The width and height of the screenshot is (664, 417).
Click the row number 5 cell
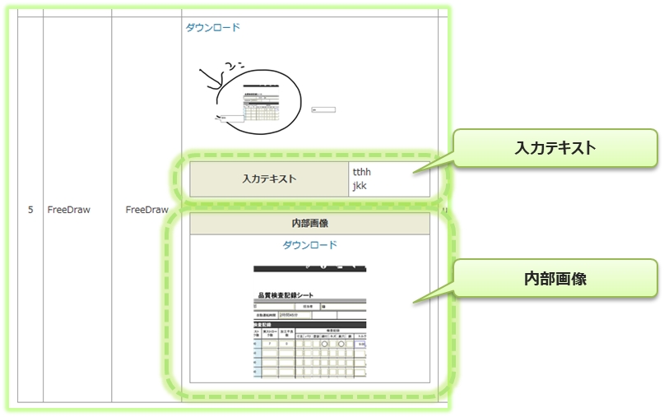[30, 210]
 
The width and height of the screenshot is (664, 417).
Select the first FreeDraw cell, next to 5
[69, 210]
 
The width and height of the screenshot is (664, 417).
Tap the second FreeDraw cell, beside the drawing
[147, 210]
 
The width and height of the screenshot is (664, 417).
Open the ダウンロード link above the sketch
[213, 27]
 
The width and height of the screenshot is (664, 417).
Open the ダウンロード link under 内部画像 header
[310, 245]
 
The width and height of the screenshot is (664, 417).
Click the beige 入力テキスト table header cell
[269, 178]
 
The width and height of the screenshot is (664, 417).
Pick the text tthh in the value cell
[362, 172]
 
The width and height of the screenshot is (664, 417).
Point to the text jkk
[360, 186]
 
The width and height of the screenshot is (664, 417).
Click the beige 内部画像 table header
[310, 224]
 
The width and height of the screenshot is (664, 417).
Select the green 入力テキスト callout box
[556, 148]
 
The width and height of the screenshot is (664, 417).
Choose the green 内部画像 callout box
[556, 279]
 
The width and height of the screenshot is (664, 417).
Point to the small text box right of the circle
[323, 109]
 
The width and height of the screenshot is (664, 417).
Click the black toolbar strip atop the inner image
[310, 268]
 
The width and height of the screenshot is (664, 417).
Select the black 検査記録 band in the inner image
[310, 324]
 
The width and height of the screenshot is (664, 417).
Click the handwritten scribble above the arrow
[233, 65]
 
